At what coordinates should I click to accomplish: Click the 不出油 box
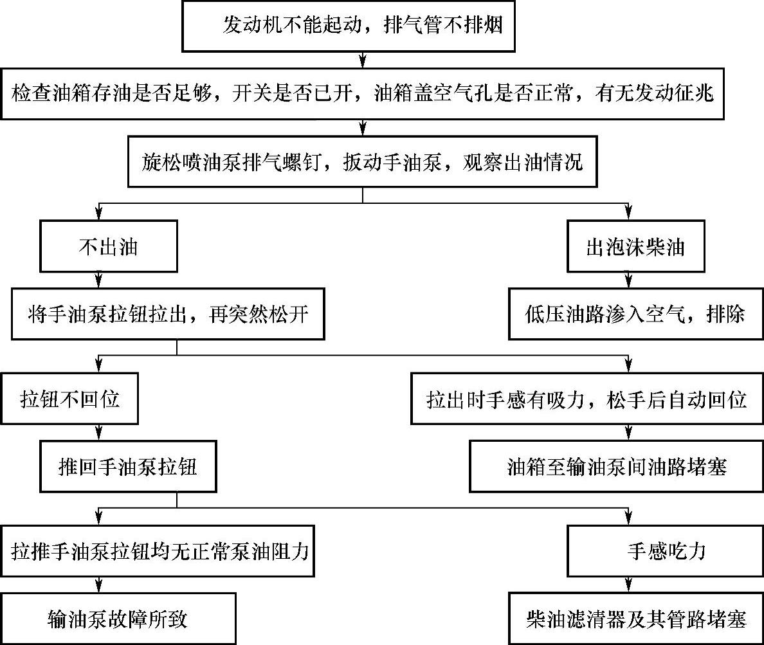107,248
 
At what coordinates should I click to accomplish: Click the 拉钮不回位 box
69,400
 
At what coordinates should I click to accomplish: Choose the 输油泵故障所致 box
118,619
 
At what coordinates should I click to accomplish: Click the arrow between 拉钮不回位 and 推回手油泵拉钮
98,432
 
